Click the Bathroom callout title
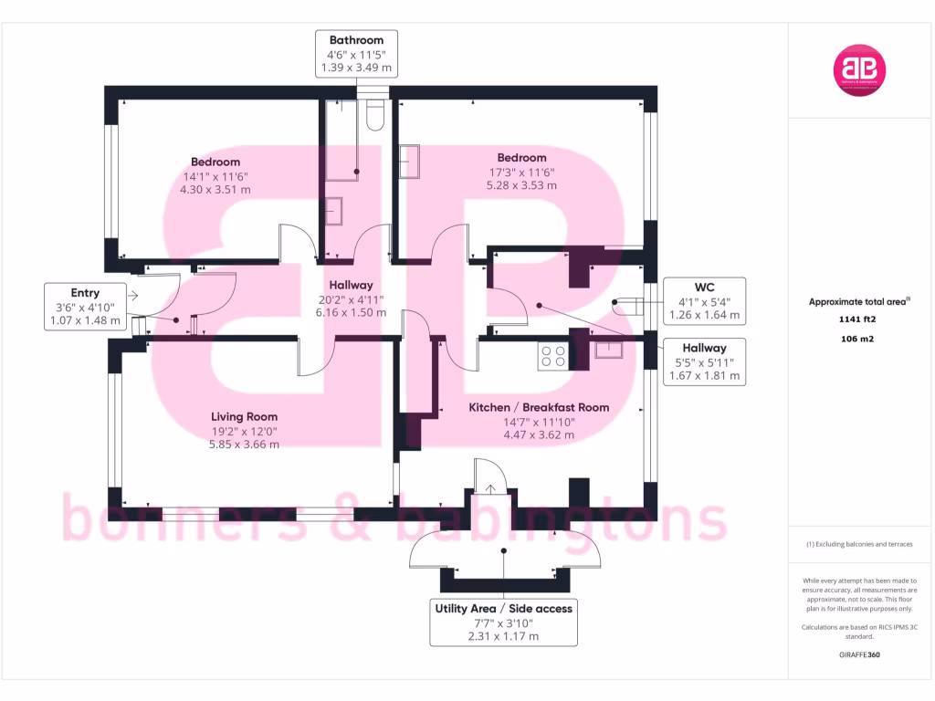click(x=356, y=40)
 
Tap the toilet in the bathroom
click(x=374, y=114)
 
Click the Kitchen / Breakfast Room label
click(x=539, y=407)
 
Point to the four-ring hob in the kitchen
click(x=552, y=355)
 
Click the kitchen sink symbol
click(x=608, y=348)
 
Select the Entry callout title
click(x=85, y=293)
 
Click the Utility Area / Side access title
click(x=504, y=608)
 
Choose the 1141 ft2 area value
click(x=858, y=319)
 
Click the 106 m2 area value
click(x=858, y=339)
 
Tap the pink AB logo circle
click(x=859, y=70)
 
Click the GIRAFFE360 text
click(x=858, y=654)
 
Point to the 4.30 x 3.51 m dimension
click(x=215, y=190)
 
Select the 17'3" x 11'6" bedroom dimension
click(x=521, y=172)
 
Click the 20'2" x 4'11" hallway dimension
click(x=352, y=298)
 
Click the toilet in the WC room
click(x=625, y=306)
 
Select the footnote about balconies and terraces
click(x=858, y=544)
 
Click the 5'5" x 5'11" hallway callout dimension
click(x=703, y=361)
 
